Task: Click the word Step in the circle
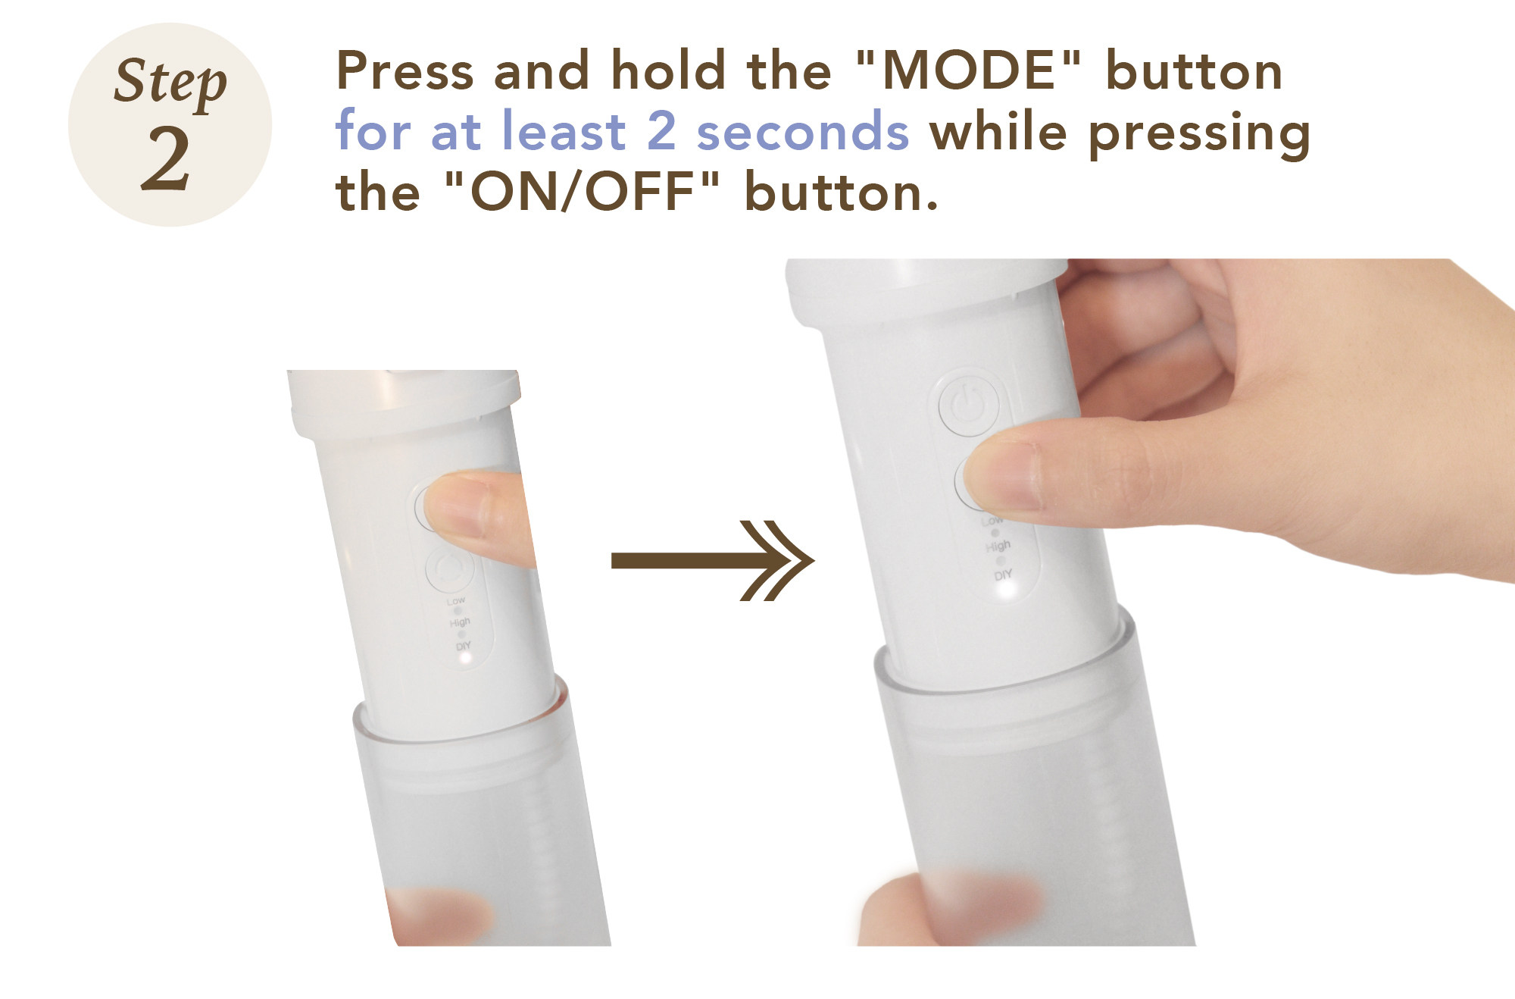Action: tap(170, 82)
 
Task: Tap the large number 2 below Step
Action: tap(166, 158)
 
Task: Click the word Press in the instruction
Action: tap(405, 70)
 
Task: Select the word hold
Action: tap(668, 70)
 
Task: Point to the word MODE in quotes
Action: tap(970, 70)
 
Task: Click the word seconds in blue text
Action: tap(803, 131)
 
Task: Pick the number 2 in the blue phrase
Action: tap(661, 130)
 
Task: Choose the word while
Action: tap(998, 130)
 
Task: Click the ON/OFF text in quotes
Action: tap(582, 192)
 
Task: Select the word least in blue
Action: tap(564, 130)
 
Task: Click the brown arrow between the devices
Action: tap(712, 561)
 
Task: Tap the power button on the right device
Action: tap(968, 404)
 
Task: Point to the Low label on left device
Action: tap(456, 601)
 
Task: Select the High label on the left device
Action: tap(460, 622)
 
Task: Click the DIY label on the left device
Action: tap(464, 646)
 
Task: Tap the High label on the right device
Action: tap(998, 546)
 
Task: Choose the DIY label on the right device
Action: tap(1003, 575)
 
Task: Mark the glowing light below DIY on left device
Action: tap(465, 659)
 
